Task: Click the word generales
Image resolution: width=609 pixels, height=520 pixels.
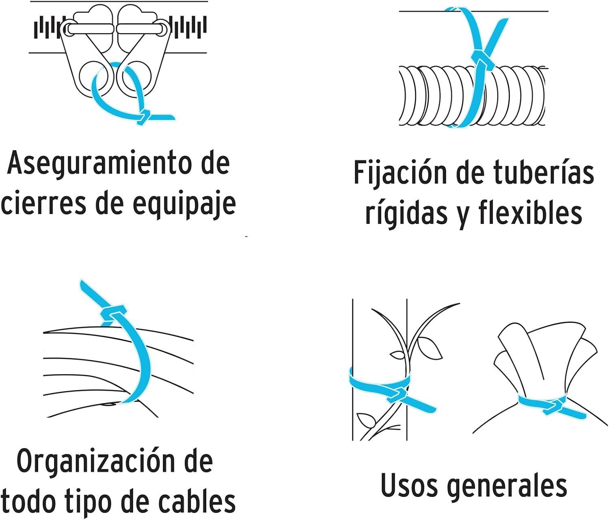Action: click(x=507, y=485)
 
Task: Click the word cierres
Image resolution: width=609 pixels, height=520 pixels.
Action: click(x=43, y=204)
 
